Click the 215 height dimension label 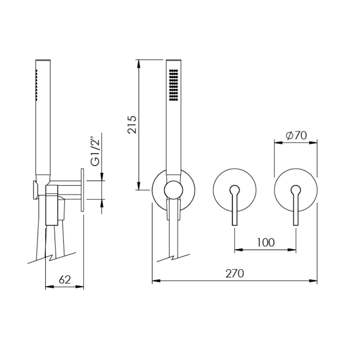point(132,125)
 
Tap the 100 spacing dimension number point(265,242)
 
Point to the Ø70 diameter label point(296,135)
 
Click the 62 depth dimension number point(65,280)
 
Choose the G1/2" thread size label point(95,152)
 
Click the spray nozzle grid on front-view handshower point(173,85)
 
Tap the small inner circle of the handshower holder point(174,190)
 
